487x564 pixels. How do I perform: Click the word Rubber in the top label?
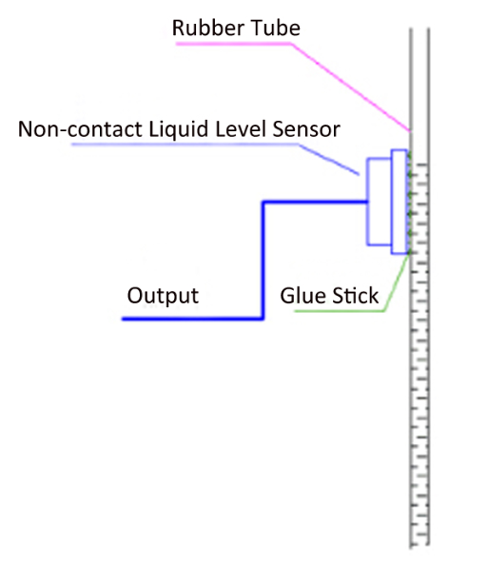[x=208, y=28]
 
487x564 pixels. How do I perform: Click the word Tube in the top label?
[x=276, y=28]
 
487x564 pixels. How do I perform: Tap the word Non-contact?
[x=80, y=128]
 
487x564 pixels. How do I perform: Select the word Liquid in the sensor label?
[x=179, y=130]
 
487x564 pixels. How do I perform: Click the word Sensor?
[x=306, y=129]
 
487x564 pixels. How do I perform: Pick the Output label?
[x=163, y=297]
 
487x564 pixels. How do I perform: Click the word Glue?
[x=303, y=296]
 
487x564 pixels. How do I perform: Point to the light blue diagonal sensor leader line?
[x=329, y=160]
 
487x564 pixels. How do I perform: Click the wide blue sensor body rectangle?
[x=380, y=202]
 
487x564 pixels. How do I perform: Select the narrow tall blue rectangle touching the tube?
[x=399, y=202]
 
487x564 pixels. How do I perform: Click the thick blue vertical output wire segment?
[x=263, y=260]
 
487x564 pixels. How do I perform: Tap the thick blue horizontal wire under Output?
[x=193, y=319]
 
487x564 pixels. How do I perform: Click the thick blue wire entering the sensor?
[x=316, y=203]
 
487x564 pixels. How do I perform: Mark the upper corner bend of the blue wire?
[x=263, y=203]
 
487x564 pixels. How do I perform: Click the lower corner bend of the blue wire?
[x=263, y=319]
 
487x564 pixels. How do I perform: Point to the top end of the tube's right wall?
[x=429, y=29]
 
